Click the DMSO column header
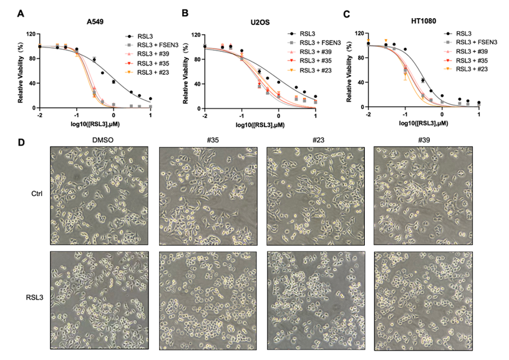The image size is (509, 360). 99,142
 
